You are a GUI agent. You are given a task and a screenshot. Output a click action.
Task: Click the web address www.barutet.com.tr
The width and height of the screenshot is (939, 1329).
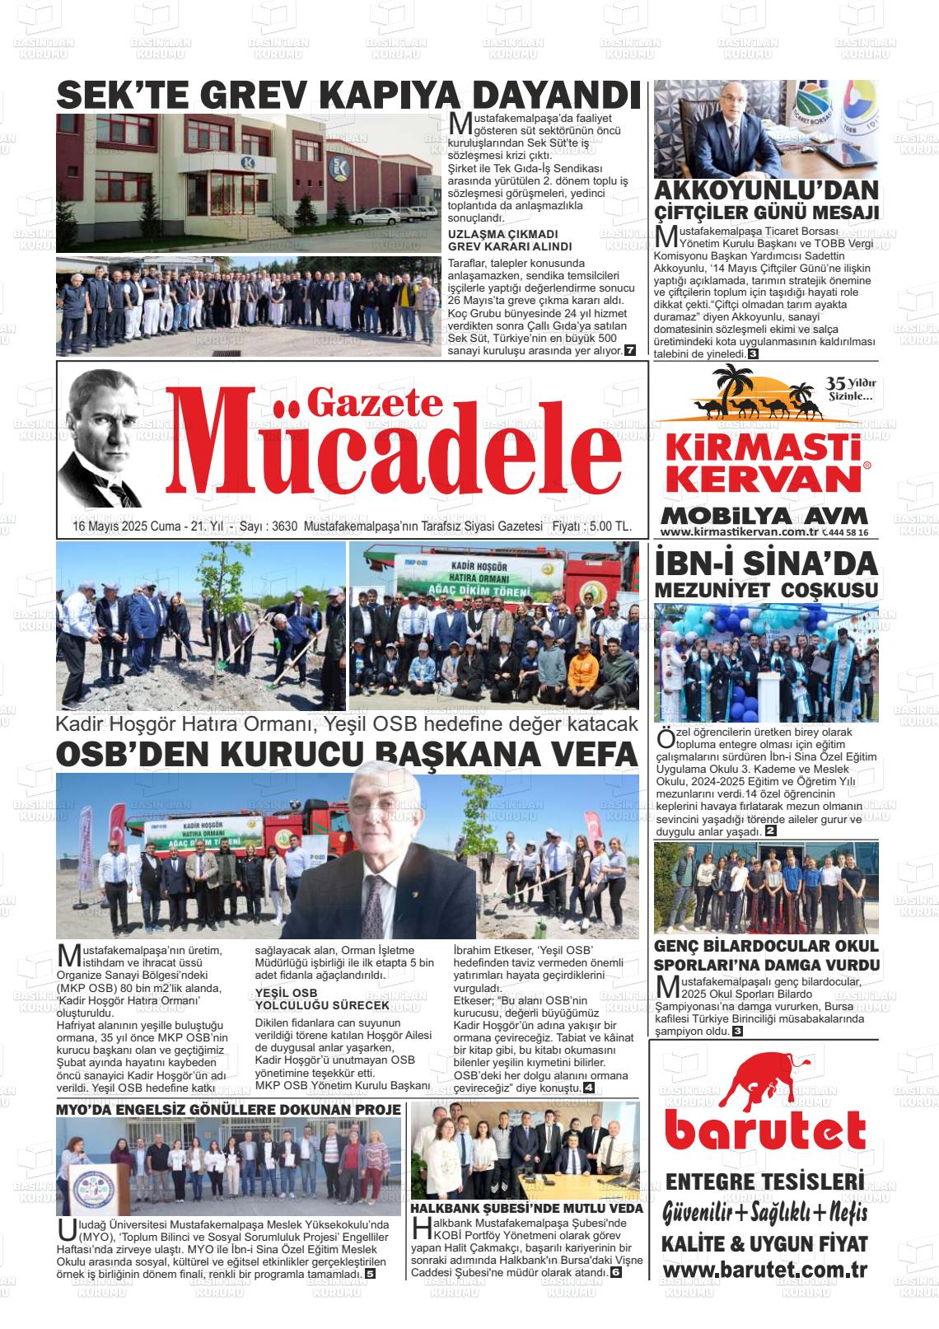coord(764,1269)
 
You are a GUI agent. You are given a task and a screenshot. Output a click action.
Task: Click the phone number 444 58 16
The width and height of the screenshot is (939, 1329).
coord(848,533)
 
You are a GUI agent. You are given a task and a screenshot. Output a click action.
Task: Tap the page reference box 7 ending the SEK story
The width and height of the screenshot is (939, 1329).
coord(630,351)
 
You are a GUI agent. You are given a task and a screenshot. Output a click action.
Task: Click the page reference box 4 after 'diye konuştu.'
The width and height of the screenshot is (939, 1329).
coord(588,1088)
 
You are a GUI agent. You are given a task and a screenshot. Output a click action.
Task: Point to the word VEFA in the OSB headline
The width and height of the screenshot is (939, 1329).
coord(590,755)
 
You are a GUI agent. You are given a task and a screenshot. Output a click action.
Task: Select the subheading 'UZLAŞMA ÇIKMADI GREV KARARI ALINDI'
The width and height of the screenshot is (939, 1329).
coord(509,240)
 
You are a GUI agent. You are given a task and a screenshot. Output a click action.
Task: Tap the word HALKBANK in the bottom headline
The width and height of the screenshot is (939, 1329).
coord(448,1208)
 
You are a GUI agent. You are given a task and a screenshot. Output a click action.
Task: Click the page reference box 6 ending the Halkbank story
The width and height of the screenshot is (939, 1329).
coord(616,1273)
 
